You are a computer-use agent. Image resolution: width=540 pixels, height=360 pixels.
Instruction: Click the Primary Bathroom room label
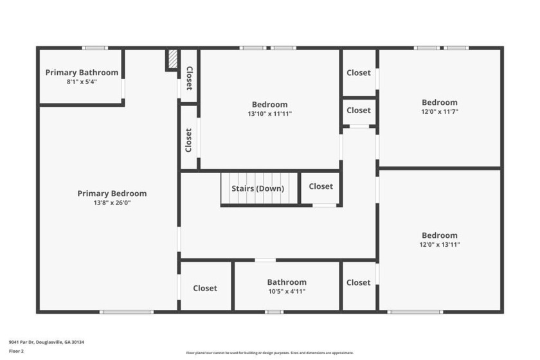point(82,73)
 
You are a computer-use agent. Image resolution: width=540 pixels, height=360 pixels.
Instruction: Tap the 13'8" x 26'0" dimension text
point(112,203)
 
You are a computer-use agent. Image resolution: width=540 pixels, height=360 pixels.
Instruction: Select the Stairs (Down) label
point(258,188)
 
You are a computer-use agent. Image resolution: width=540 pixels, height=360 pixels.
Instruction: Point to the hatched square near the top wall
point(172,59)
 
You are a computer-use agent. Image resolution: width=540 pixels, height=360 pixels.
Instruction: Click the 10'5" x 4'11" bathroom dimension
point(287,291)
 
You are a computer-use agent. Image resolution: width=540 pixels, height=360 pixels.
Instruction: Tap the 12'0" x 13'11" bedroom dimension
point(440,244)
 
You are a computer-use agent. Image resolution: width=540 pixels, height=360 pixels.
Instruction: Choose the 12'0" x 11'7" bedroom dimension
point(440,112)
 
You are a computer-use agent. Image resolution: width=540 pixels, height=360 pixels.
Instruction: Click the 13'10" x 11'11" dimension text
point(269,114)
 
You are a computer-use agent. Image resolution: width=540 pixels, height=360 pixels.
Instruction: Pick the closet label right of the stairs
point(321,186)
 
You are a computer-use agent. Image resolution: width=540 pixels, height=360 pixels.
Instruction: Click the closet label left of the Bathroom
point(205,288)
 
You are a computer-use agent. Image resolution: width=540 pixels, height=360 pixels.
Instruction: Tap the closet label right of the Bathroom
point(358,282)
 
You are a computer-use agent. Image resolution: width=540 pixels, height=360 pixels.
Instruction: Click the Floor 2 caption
point(16,352)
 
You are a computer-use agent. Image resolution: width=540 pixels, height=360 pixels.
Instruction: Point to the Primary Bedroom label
point(112,194)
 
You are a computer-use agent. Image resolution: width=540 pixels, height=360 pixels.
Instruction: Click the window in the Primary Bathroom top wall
point(94,48)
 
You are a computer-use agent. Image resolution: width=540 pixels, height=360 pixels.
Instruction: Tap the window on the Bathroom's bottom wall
point(274,312)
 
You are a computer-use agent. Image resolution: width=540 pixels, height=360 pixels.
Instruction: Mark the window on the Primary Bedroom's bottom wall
point(127,312)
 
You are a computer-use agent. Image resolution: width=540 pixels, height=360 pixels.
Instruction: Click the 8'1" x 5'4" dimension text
point(82,82)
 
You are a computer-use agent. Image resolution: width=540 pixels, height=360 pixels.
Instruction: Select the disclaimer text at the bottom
point(269,353)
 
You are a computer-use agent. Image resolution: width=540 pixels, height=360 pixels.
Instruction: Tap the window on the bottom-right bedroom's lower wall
point(415,312)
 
